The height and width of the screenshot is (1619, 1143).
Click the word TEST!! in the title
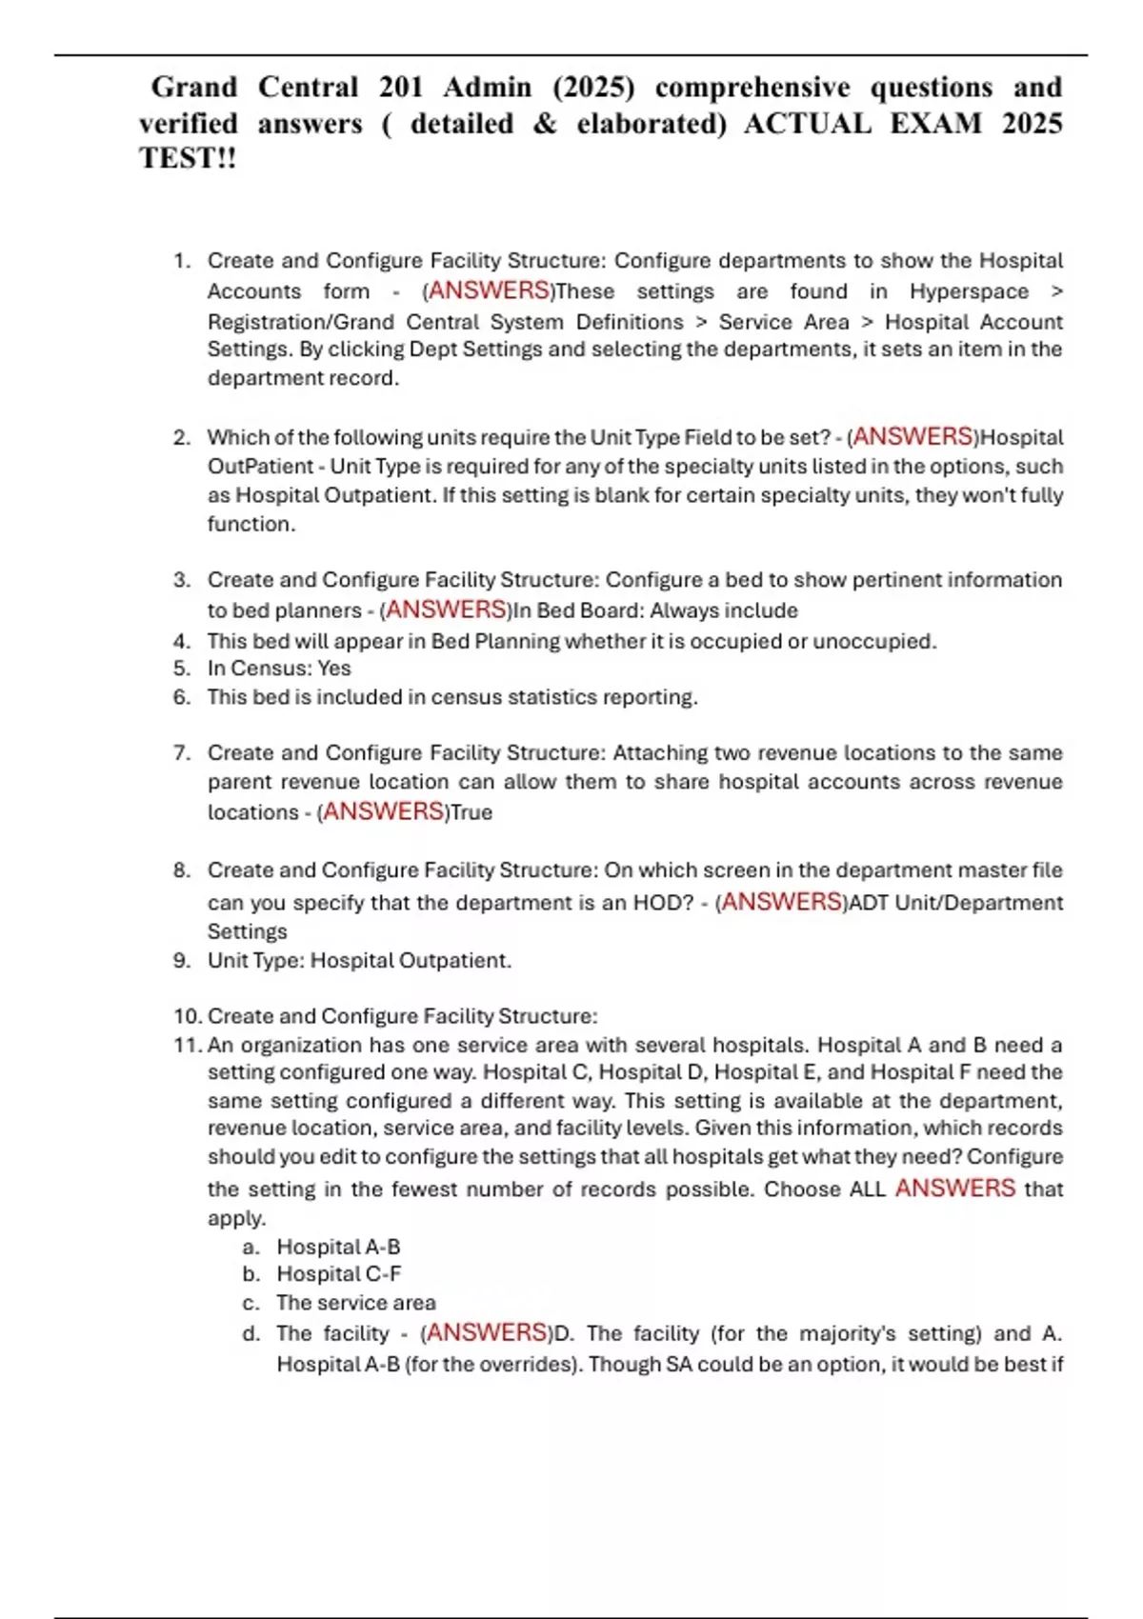(x=187, y=158)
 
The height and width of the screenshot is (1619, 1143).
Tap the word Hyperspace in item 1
(x=968, y=291)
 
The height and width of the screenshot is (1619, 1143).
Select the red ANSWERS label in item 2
(x=912, y=436)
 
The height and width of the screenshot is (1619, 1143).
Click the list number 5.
(x=182, y=669)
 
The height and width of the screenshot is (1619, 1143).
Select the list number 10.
(x=186, y=1016)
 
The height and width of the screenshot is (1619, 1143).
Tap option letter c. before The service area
(x=251, y=1303)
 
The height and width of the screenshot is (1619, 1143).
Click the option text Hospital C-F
(x=338, y=1274)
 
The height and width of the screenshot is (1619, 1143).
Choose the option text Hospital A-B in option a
(x=338, y=1247)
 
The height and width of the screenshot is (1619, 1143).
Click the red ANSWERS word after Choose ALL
(x=954, y=1189)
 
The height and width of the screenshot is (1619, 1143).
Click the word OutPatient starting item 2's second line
(x=260, y=467)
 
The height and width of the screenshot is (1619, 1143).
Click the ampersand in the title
(x=544, y=123)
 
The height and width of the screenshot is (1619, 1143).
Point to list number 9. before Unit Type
(x=182, y=960)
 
